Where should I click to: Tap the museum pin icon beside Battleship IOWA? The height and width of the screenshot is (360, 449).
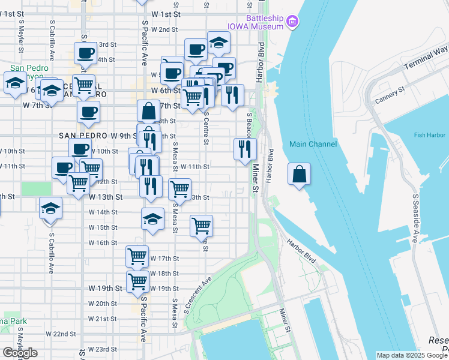292,22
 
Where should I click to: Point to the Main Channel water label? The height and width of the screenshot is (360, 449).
312,144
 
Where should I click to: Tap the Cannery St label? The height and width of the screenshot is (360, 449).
390,94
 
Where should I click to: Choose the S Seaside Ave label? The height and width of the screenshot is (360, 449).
414,219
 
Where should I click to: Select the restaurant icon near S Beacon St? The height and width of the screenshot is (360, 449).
244,148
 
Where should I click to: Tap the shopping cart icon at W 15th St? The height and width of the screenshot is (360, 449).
201,226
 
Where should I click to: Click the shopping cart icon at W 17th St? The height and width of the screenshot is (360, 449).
137,256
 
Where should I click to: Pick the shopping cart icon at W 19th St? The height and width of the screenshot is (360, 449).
138,281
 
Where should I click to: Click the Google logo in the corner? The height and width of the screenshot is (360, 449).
20,353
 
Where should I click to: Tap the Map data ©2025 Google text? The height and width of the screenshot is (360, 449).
411,355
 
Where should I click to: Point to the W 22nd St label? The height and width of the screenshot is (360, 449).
61,334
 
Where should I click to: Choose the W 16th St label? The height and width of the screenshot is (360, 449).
103,243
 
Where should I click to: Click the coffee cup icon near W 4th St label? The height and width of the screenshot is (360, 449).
85,53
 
